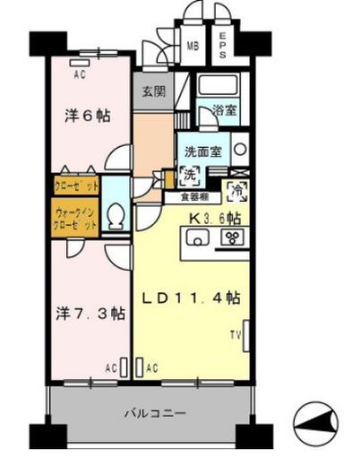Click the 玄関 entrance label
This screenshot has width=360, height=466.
pyautogui.click(x=150, y=91)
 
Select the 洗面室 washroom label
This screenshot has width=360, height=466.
pyautogui.click(x=204, y=151)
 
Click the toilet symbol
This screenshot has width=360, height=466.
pyautogui.click(x=114, y=216)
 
